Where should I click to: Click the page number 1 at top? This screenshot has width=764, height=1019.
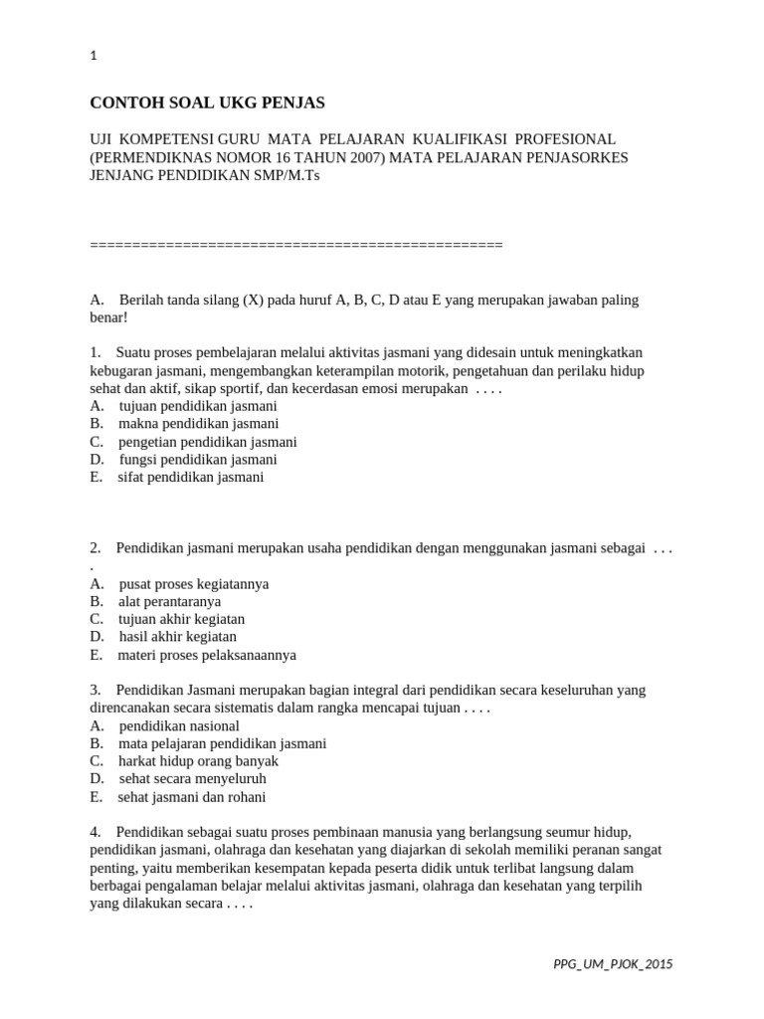coord(94,57)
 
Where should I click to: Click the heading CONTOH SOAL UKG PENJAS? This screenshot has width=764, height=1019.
coord(207,102)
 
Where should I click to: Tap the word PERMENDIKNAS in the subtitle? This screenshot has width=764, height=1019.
coord(150,157)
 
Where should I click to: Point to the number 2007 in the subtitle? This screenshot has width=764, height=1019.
coord(360,157)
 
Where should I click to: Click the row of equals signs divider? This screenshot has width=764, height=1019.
coord(296,245)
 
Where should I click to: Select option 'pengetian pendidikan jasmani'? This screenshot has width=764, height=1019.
coord(207,442)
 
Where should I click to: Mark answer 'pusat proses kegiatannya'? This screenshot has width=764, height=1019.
coord(193,584)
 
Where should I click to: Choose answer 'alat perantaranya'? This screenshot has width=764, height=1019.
coord(169,602)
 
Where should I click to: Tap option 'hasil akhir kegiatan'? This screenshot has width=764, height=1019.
coord(177,637)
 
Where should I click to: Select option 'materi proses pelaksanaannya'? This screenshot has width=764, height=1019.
coord(207,655)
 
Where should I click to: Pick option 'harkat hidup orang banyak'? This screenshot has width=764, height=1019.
coord(198,761)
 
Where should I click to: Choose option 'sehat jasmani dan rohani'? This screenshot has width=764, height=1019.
coord(192,797)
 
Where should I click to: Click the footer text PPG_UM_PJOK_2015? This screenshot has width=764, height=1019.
coord(613,964)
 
